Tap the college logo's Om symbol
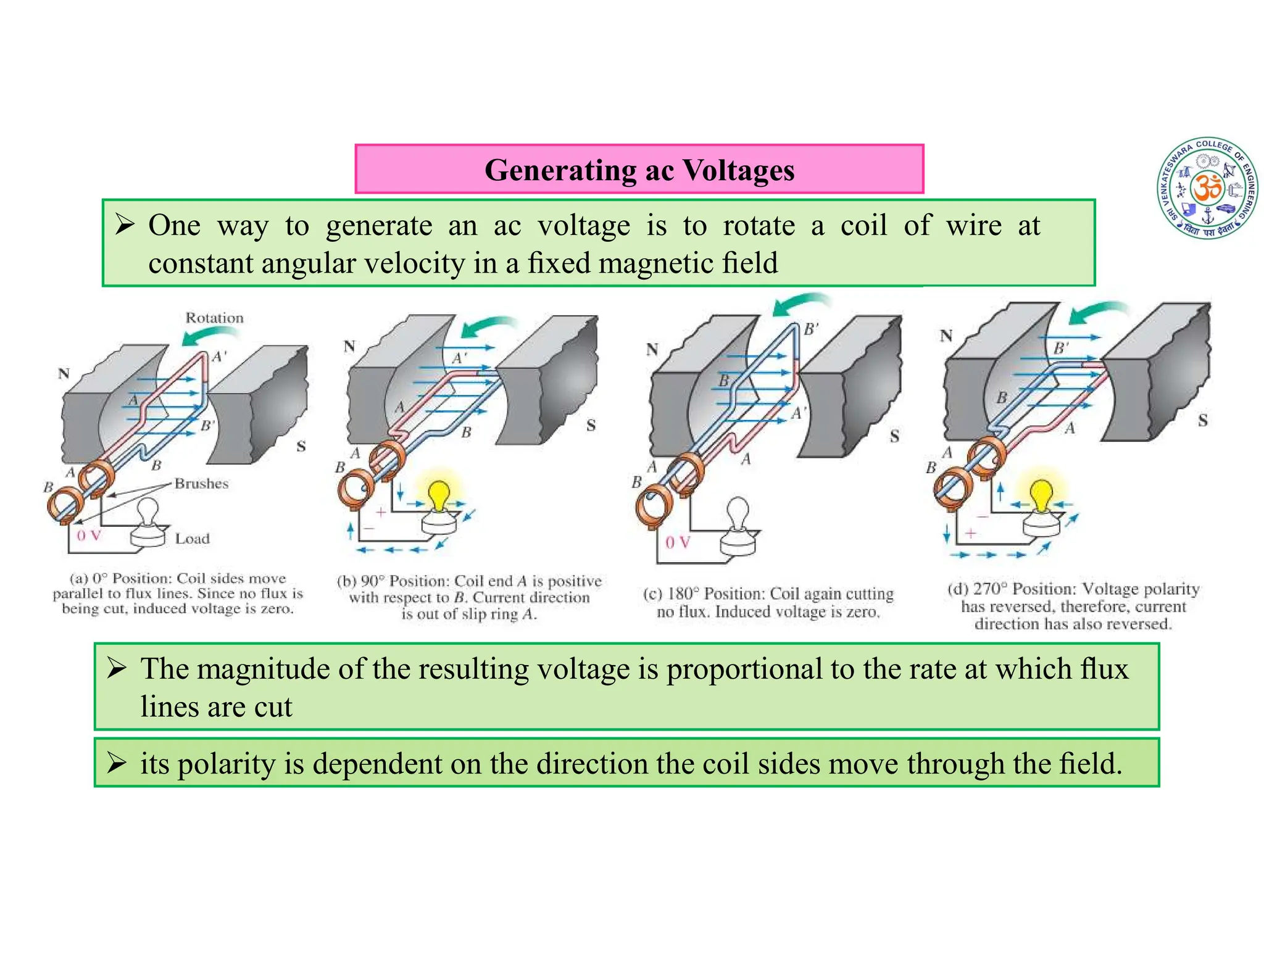[x=1207, y=188]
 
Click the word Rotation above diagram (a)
[x=215, y=318]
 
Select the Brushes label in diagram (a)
[x=201, y=484]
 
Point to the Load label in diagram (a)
[x=192, y=539]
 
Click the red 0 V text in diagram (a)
[x=88, y=536]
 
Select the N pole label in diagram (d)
[x=946, y=336]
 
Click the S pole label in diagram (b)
[x=591, y=426]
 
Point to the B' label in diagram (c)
[x=811, y=329]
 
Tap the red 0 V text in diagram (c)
[x=677, y=542]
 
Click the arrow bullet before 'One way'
[x=124, y=226]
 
